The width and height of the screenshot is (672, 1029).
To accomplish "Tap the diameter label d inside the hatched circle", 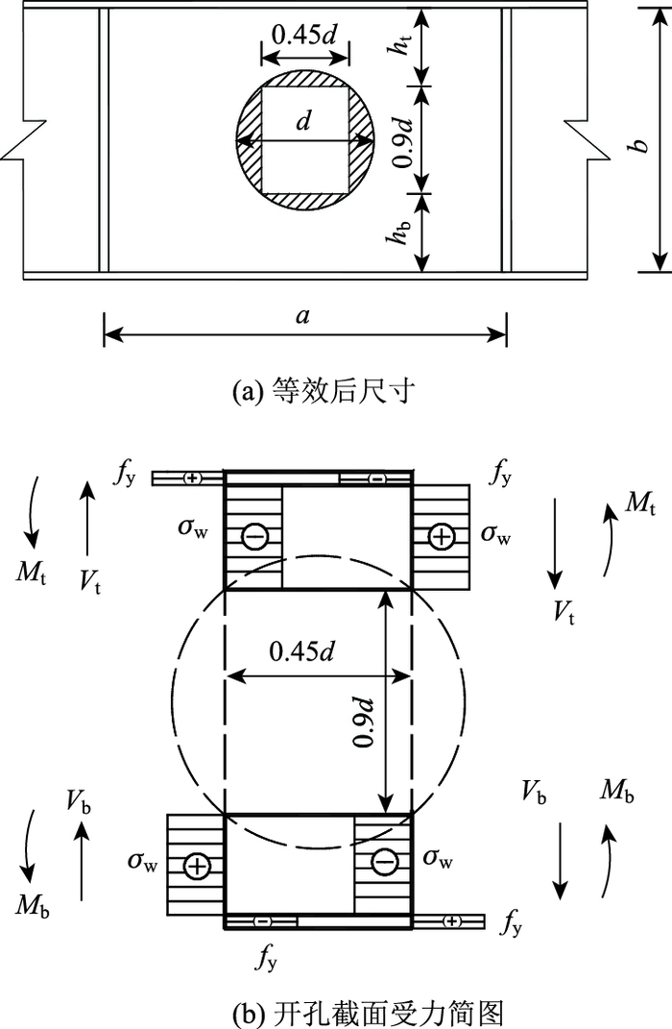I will click(x=304, y=122).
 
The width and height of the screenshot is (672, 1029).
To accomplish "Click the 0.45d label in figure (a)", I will click(x=303, y=34).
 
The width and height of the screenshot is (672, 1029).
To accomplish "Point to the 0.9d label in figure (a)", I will click(x=404, y=138).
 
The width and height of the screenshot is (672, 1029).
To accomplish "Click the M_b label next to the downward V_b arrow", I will click(x=616, y=792).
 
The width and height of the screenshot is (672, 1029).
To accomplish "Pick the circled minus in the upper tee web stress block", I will click(x=254, y=536).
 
